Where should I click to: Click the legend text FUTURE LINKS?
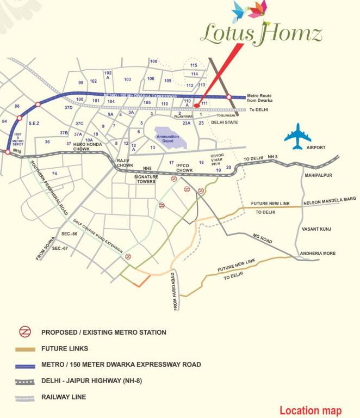pos(64,348)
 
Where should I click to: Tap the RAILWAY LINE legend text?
pos(64,397)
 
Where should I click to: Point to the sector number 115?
pos(194,65)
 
